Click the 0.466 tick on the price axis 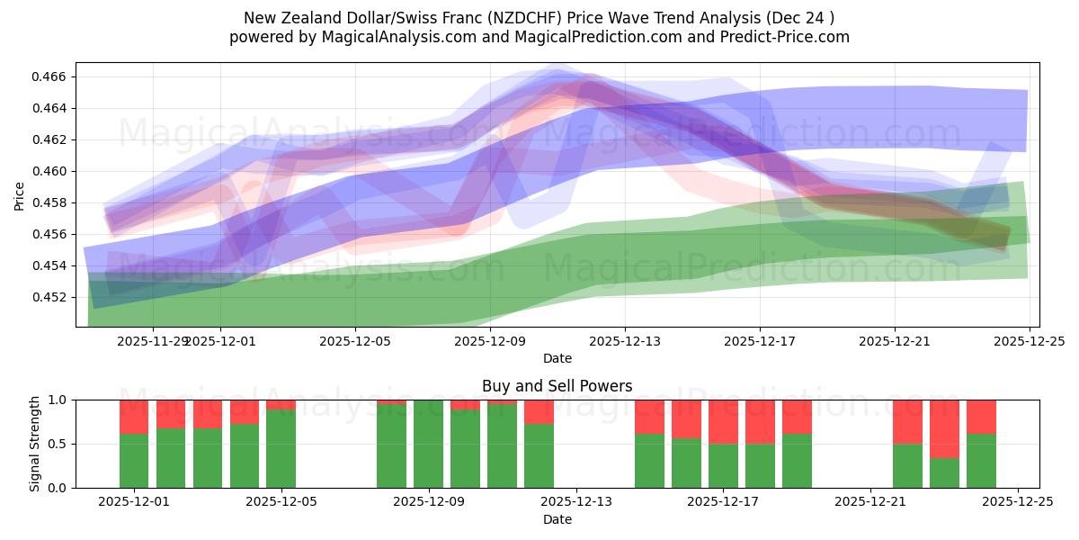(50, 77)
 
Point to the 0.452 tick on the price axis (50, 297)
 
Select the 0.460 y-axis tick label (50, 171)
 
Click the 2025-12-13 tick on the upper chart (625, 341)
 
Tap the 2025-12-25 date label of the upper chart (1029, 341)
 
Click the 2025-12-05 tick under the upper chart (355, 341)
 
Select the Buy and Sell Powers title (557, 386)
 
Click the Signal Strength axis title (35, 444)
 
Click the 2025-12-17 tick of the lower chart (723, 502)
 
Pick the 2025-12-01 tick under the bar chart (134, 502)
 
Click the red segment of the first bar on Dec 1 (134, 417)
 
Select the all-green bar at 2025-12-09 (428, 444)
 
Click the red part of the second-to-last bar (944, 428)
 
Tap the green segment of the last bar (981, 461)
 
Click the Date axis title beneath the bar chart (557, 519)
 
